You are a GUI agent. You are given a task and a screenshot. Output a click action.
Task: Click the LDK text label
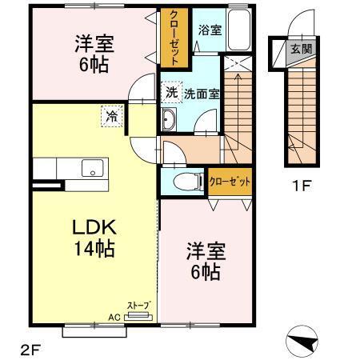[x=90, y=226]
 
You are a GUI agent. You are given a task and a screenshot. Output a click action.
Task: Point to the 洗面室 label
[x=202, y=93]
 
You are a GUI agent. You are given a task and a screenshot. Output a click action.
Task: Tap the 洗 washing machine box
[x=172, y=92]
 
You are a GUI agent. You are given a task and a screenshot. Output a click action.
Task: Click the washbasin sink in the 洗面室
[x=170, y=122]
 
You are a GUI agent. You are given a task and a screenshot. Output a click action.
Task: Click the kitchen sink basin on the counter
[x=92, y=169]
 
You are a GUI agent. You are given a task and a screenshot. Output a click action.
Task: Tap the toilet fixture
[x=182, y=182]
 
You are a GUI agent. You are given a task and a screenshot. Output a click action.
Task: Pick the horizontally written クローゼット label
[x=230, y=182]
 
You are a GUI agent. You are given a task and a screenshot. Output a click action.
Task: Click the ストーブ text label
[x=137, y=305]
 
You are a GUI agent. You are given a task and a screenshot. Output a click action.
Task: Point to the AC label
[x=114, y=316]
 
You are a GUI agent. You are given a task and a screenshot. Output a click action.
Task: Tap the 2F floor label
[x=30, y=349]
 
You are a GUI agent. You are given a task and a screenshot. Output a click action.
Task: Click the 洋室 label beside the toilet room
[x=206, y=251]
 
